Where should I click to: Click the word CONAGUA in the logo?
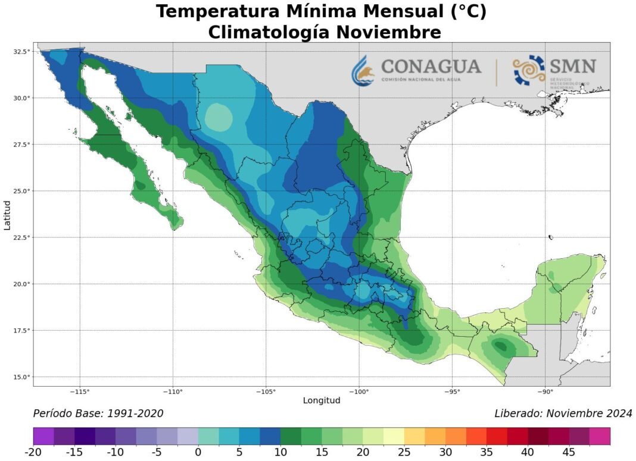(431, 65)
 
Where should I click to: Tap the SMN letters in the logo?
(573, 65)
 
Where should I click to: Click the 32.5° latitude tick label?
(22, 52)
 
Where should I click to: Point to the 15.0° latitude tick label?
(22, 377)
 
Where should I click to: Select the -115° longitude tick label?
(80, 391)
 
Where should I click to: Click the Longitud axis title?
(322, 401)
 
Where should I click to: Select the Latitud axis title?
(7, 215)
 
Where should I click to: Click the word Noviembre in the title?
(388, 32)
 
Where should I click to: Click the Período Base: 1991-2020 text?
(98, 413)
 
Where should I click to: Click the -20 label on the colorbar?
(33, 453)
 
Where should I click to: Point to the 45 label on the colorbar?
(569, 453)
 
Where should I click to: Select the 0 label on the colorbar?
(198, 453)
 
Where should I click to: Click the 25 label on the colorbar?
(404, 453)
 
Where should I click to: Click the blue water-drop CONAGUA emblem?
(363, 70)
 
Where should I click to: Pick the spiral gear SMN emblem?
(529, 70)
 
